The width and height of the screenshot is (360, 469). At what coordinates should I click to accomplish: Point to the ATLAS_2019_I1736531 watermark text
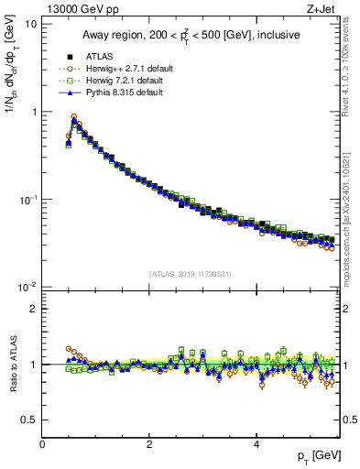point(191,274)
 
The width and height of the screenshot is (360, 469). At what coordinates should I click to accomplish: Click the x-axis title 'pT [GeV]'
point(318,455)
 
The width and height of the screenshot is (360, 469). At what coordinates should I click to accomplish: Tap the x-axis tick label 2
point(149,444)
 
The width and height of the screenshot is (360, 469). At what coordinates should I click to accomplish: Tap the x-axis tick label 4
point(256,444)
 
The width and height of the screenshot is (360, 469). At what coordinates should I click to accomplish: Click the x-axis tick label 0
point(42,444)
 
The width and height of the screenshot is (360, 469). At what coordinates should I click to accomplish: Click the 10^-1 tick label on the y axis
point(29,199)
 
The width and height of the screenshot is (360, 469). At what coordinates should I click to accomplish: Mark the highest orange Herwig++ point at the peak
point(74,117)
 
